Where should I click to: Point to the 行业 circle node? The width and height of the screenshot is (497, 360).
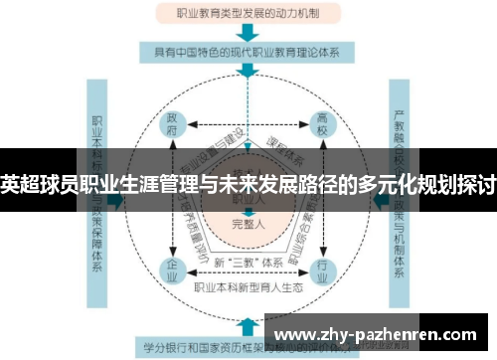click(x=321, y=268)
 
